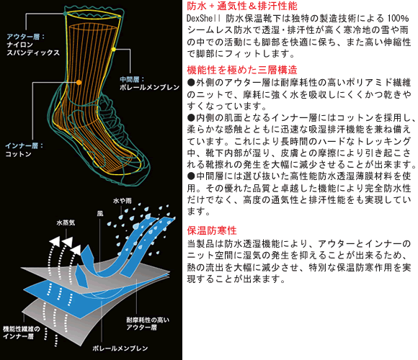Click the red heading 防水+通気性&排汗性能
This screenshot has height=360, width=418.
[242, 6]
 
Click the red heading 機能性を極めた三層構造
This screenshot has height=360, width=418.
[242, 70]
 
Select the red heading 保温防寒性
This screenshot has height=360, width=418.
[212, 230]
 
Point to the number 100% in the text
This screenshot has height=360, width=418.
[398, 19]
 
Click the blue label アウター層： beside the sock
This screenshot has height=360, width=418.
[26, 37]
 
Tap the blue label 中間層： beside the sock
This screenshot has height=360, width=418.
[133, 79]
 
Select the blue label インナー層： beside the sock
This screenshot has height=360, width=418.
[25, 145]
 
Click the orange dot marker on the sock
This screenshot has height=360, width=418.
[79, 83]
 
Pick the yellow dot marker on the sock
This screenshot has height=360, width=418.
[114, 49]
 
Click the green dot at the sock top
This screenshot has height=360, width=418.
[66, 13]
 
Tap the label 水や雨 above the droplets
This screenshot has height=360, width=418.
[123, 200]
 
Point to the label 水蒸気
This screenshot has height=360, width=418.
[66, 222]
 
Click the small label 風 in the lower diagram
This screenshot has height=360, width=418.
[100, 214]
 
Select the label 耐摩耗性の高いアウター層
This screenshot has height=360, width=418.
[148, 323]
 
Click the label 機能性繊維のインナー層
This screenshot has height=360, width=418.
[22, 333]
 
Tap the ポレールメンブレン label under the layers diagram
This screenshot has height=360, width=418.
[120, 348]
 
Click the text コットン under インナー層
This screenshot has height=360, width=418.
[19, 154]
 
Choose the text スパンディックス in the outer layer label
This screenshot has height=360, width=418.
[33, 53]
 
